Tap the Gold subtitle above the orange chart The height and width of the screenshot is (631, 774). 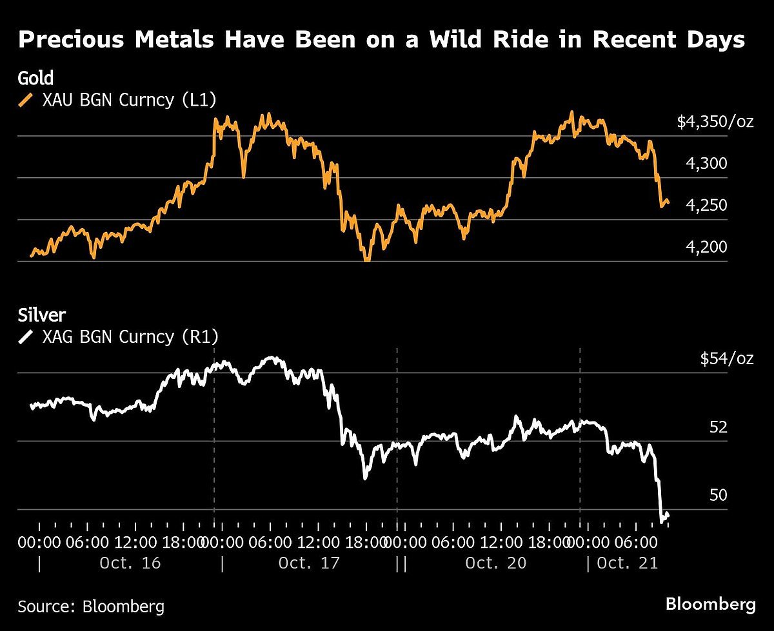pos(35,79)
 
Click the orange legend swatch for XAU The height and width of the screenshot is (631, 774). pos(26,100)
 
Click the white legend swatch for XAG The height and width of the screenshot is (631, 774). pos(26,336)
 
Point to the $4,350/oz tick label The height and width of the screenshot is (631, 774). pos(715,122)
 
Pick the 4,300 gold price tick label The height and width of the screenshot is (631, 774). pos(706,164)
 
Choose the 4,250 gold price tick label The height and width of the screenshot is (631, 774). pos(706,206)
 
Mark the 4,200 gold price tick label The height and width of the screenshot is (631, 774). pos(706,248)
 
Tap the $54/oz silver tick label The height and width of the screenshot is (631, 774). pos(726,358)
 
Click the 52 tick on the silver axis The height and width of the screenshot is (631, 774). pos(718,427)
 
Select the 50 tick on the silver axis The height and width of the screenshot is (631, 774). pos(718,495)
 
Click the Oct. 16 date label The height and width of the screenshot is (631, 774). pos(130,563)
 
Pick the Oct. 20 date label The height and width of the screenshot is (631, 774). pos(496,563)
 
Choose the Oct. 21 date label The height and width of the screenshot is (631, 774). pos(627,563)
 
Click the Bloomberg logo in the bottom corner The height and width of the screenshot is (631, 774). pos(710,605)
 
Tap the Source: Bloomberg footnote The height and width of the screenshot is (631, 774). pos(90,606)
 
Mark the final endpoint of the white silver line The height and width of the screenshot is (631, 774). pos(668,514)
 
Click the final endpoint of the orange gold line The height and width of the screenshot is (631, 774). pos(668,203)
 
